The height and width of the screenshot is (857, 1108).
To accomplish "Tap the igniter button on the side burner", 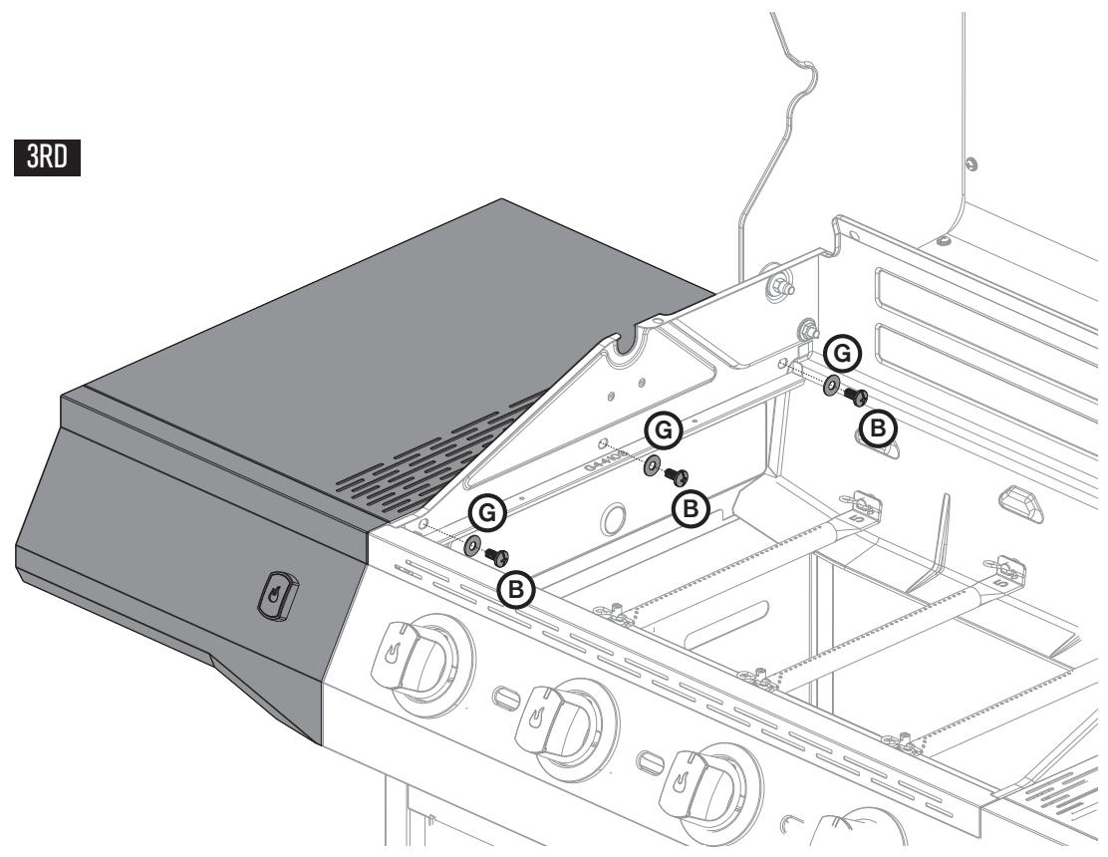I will [x=274, y=595].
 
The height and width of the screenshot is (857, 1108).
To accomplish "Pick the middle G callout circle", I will [x=665, y=430].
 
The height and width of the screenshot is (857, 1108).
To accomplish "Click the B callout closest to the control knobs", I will [x=516, y=589].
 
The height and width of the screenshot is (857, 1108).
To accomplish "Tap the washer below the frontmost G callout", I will [x=471, y=543].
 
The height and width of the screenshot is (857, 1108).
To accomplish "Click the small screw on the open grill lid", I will [x=972, y=161].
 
